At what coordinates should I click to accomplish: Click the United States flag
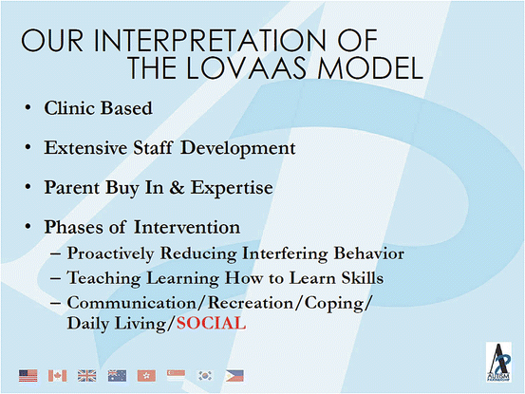28,376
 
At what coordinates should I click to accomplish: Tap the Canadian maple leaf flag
57,376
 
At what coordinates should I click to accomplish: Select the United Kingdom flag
86,376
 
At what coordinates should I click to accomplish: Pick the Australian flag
117,376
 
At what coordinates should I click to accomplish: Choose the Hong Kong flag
146,376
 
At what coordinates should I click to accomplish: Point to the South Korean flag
205,376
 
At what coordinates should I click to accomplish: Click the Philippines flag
234,376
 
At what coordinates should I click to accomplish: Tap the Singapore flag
176,376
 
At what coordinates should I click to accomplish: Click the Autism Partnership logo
498,363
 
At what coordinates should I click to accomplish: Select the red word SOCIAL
212,324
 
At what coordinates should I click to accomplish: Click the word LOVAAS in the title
247,68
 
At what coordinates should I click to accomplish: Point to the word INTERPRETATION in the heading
210,41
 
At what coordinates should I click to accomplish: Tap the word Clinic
70,108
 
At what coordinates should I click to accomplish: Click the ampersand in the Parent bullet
177,187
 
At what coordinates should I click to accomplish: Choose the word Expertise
232,188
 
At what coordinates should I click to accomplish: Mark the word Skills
363,278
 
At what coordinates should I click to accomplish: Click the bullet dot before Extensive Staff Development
28,147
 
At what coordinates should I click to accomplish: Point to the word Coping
334,304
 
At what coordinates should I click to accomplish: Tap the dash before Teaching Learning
55,278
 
